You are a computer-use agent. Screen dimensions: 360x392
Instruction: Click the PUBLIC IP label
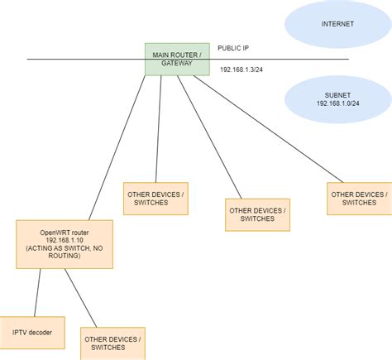click(235, 48)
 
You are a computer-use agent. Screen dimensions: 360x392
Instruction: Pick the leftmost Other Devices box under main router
click(155, 199)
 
